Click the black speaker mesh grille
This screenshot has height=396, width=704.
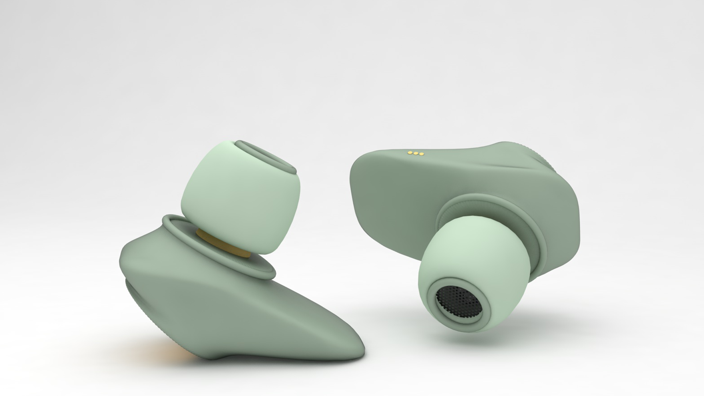click(x=458, y=301)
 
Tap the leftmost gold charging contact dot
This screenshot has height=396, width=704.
click(x=410, y=152)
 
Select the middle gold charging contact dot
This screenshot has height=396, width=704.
click(x=415, y=153)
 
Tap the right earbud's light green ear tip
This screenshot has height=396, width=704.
click(x=473, y=253)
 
